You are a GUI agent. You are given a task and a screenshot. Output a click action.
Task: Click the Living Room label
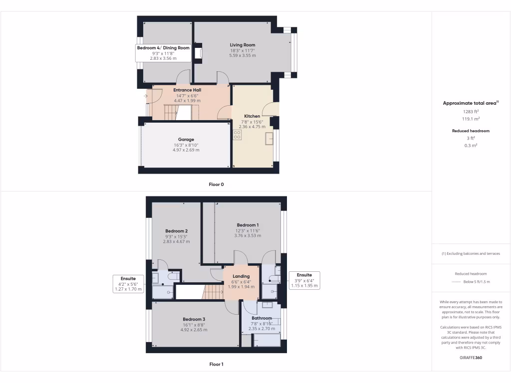tap(243, 45)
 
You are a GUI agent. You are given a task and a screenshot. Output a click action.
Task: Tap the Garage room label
tap(186, 140)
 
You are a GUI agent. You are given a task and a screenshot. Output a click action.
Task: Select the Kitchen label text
tap(252, 116)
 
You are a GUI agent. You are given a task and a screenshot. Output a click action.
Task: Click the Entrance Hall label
tap(187, 90)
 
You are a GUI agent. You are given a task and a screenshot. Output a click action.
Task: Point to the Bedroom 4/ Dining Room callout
tap(164, 53)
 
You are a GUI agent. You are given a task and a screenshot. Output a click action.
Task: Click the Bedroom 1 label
tap(248, 225)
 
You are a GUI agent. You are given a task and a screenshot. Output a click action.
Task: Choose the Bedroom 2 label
tap(176, 231)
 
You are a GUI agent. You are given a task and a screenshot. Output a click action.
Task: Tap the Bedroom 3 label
tap(194, 319)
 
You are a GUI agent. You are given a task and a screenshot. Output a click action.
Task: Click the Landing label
tap(241, 276)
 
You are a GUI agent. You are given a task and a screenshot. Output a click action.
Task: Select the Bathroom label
tap(261, 318)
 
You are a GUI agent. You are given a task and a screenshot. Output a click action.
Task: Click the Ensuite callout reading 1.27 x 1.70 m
tap(128, 283)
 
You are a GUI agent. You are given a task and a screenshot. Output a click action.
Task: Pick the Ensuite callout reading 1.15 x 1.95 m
tap(304, 280)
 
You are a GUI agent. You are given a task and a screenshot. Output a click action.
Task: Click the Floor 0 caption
tap(216, 185)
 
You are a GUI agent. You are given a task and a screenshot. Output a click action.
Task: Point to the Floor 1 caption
tap(216, 365)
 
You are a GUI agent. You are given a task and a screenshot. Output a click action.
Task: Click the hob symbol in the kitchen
tap(237, 135)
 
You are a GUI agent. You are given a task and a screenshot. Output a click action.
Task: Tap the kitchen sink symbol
tap(269, 138)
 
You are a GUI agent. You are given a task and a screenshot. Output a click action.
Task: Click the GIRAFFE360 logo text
tap(471, 358)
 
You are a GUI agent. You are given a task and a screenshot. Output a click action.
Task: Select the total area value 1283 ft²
tap(471, 112)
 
